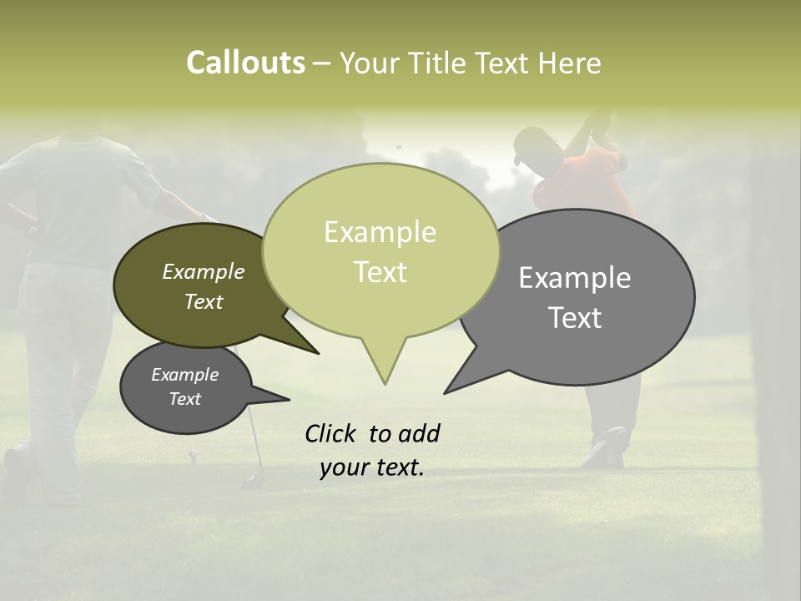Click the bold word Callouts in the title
(x=245, y=63)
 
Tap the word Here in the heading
(x=569, y=63)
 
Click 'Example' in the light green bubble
(x=380, y=232)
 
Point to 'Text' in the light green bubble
(x=380, y=272)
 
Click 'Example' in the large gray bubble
(x=575, y=278)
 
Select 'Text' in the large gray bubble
(x=575, y=318)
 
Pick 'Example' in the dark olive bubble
(x=203, y=272)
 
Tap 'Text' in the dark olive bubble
(x=203, y=302)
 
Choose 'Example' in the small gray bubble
(x=184, y=375)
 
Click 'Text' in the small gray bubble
(x=184, y=399)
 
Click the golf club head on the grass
(x=250, y=481)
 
